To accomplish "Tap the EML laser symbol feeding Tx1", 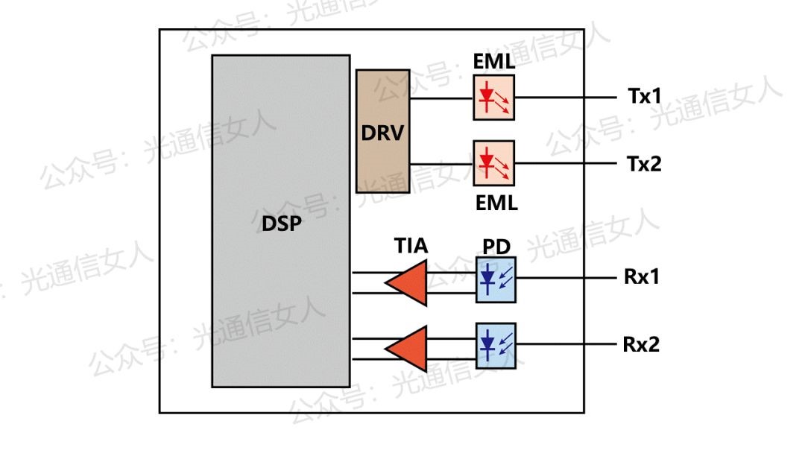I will click(493, 97).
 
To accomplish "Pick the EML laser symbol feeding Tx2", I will click(493, 163).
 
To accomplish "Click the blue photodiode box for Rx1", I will click(495, 279).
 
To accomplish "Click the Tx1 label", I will click(643, 97).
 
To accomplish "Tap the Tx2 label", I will click(643, 164).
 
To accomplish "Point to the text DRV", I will click(382, 133).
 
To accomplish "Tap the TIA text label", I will click(411, 246).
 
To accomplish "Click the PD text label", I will click(496, 247).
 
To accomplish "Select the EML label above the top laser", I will click(493, 63).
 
